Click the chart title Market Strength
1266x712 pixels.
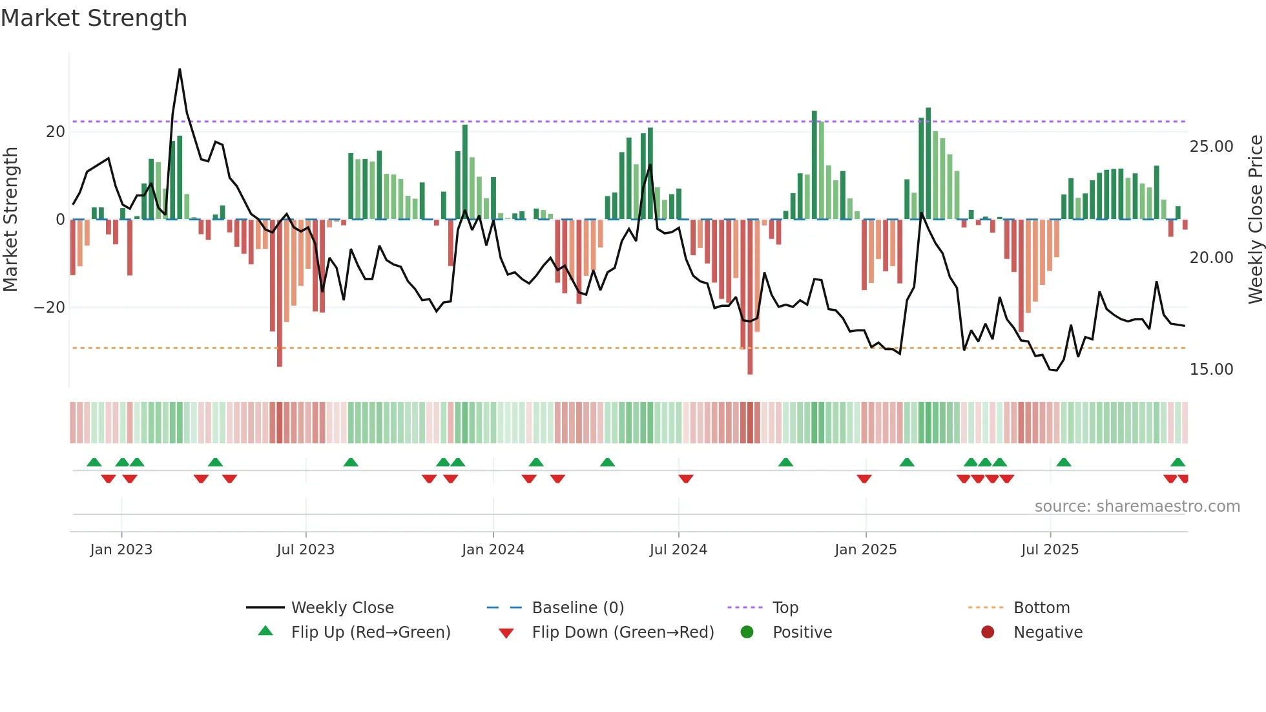[94, 18]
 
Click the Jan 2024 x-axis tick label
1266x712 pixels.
[493, 550]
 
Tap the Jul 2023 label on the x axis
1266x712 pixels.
[306, 550]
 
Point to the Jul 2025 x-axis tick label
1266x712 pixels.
[1050, 550]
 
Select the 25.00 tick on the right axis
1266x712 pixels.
[1211, 147]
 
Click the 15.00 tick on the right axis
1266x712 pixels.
[1211, 370]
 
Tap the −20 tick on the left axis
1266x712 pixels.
[50, 308]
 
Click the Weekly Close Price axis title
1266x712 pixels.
[1255, 220]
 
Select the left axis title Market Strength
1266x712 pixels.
[10, 220]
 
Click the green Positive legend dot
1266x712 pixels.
[747, 633]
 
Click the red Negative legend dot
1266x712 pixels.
[988, 633]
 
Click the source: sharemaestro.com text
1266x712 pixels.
[1137, 507]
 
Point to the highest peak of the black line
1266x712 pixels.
[180, 70]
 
